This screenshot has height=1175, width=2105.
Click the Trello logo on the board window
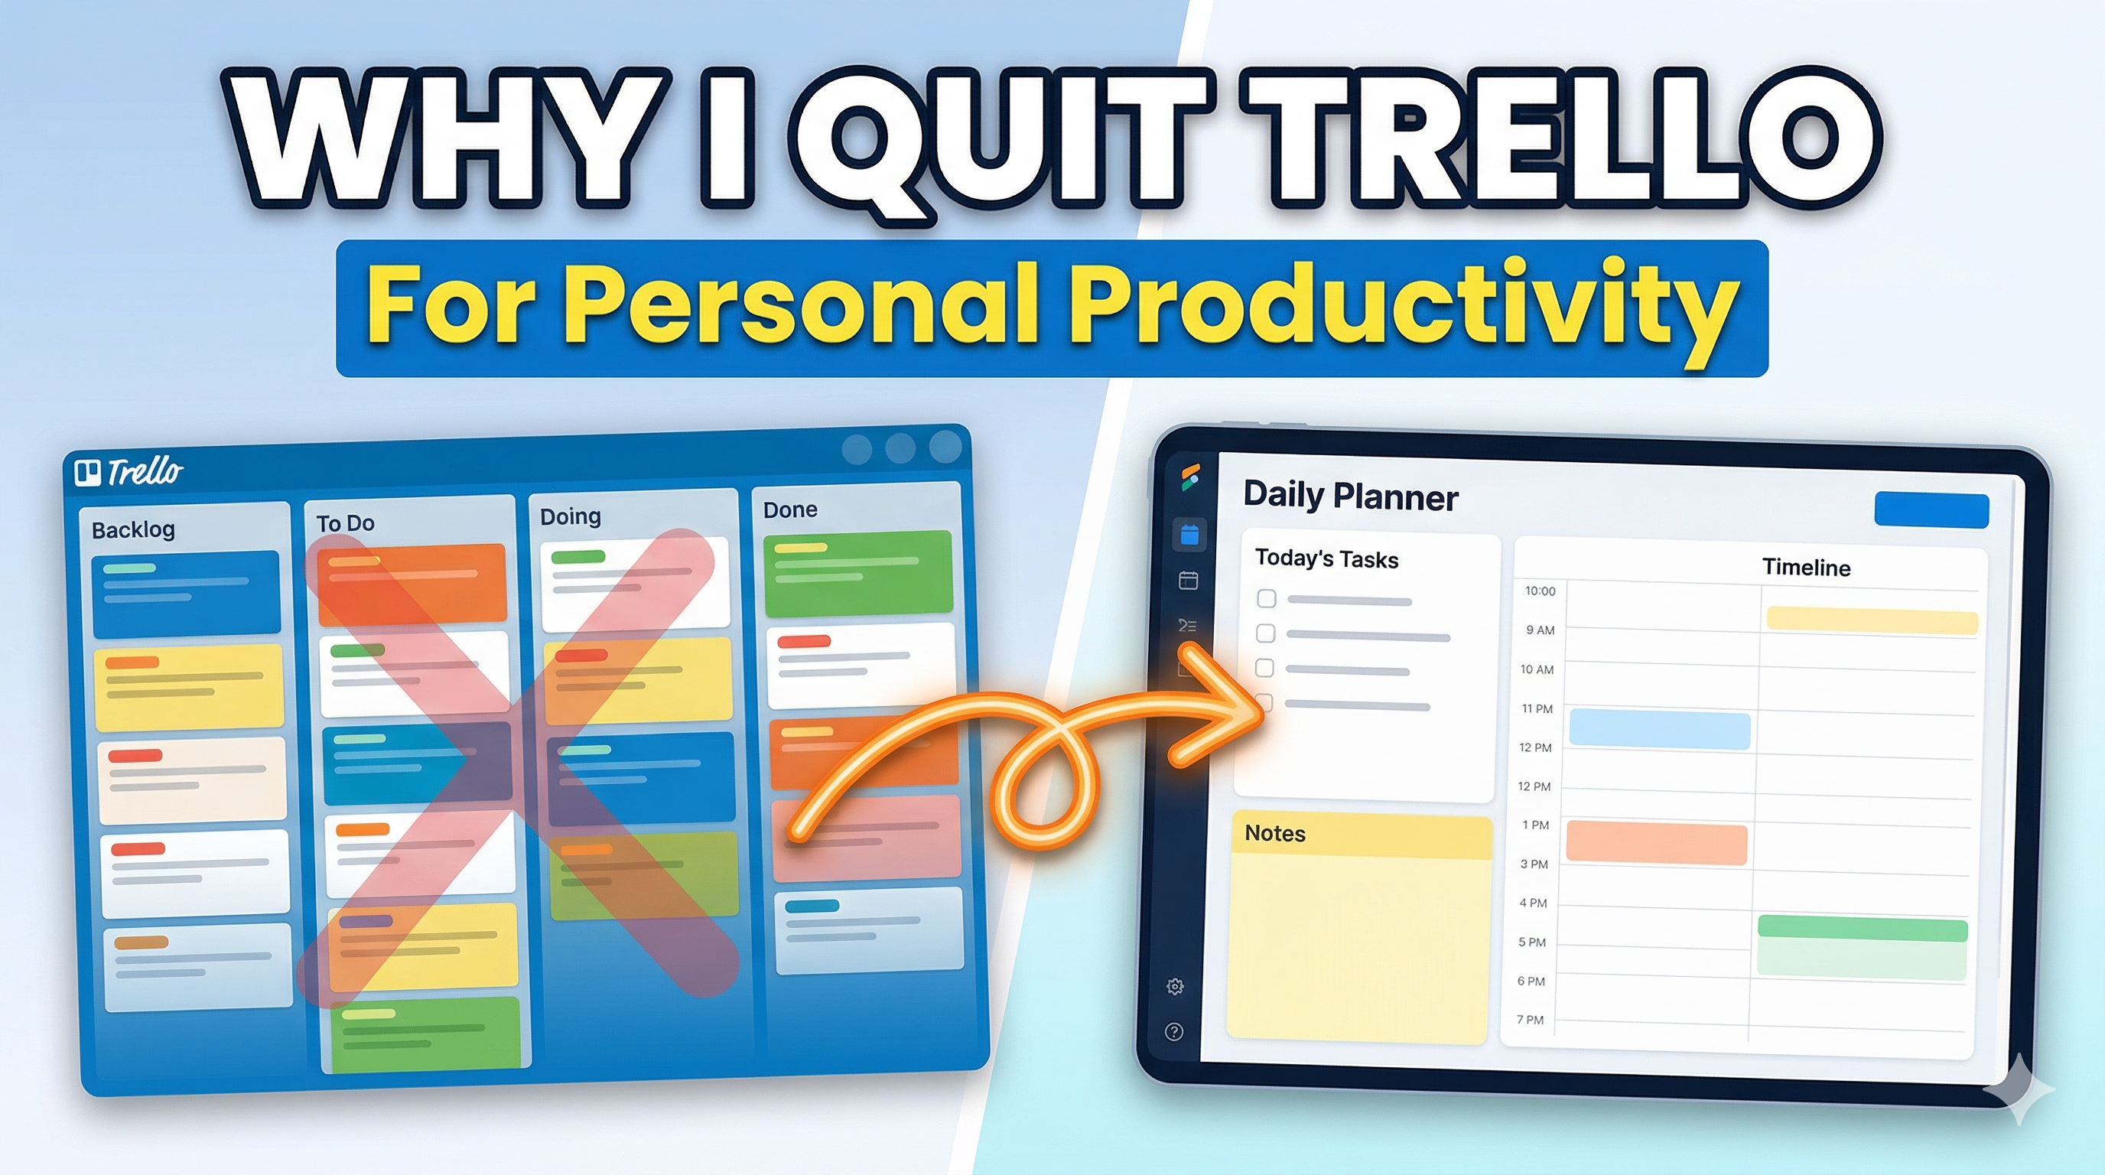[129, 471]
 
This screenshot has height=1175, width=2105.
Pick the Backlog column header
[133, 530]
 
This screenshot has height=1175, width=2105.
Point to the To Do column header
[345, 523]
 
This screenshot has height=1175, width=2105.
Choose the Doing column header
[571, 516]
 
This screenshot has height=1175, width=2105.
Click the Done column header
[789, 510]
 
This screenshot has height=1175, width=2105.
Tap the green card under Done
[858, 573]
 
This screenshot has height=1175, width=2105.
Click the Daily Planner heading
[1350, 496]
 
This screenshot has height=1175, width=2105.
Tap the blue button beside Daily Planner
[1930, 510]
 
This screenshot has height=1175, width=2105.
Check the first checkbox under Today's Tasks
[1266, 599]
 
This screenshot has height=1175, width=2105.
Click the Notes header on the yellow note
[1275, 834]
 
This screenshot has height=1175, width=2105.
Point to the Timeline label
[1806, 567]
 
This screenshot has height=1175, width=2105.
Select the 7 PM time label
[1530, 1020]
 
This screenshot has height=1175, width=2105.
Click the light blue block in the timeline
[1659, 729]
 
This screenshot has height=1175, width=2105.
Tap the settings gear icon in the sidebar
[1175, 986]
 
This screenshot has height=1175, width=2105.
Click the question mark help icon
[1174, 1032]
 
